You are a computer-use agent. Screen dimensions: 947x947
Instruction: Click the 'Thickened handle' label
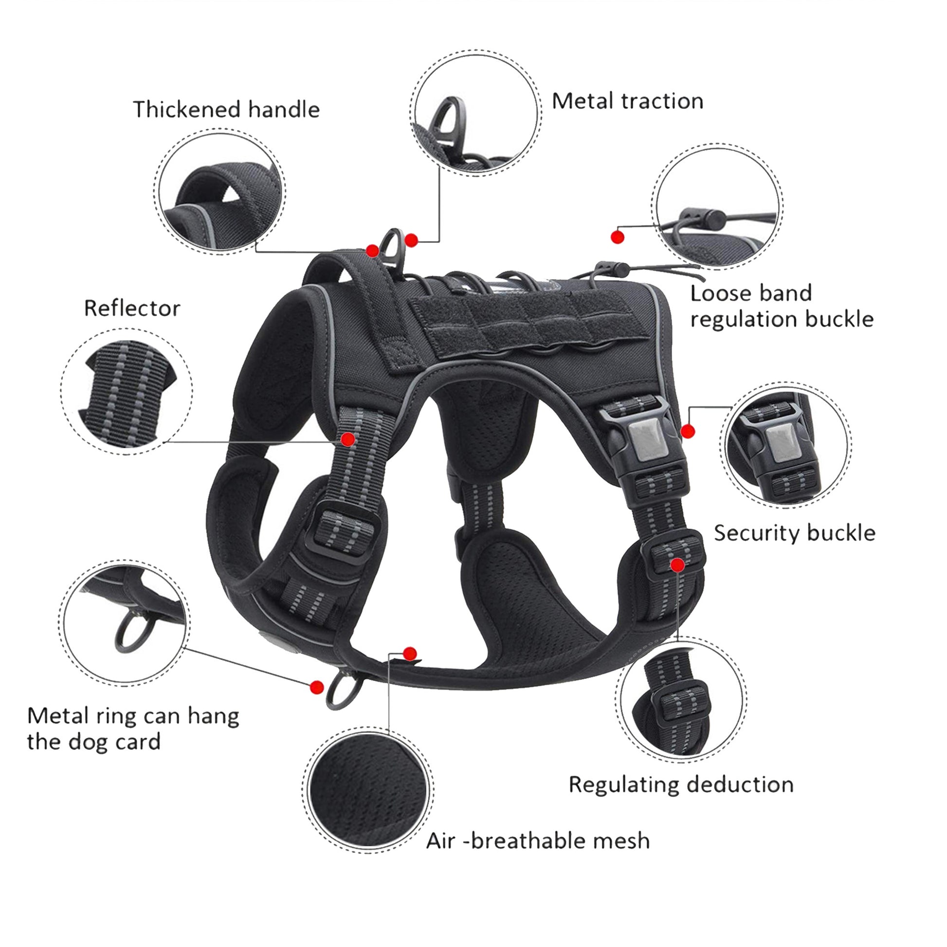[x=226, y=109]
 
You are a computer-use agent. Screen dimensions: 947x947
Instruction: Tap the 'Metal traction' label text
[x=627, y=101]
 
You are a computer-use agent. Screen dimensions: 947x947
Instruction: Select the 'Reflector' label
[x=132, y=309]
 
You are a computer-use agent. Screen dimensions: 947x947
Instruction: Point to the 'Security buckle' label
[x=794, y=533]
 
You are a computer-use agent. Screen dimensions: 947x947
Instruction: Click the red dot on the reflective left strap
[x=348, y=438]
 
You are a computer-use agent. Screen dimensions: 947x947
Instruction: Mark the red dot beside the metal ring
[x=317, y=687]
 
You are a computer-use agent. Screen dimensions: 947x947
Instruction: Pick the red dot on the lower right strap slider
[x=677, y=565]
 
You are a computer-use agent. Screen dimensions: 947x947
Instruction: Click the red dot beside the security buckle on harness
[x=688, y=431]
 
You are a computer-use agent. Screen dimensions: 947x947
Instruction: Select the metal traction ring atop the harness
[x=393, y=246]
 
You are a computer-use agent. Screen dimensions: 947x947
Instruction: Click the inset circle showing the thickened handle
[x=220, y=192]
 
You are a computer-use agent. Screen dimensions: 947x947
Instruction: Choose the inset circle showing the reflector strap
[x=127, y=391]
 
